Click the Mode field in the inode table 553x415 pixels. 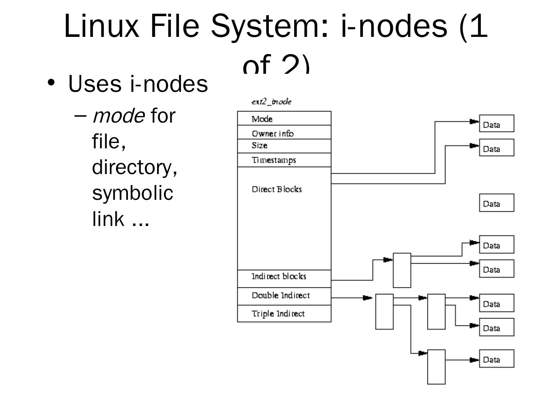284,118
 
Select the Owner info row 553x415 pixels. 284,133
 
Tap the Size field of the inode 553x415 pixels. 284,146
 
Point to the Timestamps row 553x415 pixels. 284,160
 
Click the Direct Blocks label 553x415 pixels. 277,189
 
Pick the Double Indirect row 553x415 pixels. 284,296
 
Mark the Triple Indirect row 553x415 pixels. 284,314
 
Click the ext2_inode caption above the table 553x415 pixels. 272,102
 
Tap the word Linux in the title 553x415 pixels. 101,25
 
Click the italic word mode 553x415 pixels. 118,116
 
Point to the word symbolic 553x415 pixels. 132,193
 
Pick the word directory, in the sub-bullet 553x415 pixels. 135,167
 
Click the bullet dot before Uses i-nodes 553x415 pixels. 51,82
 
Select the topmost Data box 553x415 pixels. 497,123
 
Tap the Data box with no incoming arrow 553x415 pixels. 497,203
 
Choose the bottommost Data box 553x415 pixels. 497,359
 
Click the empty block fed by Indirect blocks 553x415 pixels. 402,270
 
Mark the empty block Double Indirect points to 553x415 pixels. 384,312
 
